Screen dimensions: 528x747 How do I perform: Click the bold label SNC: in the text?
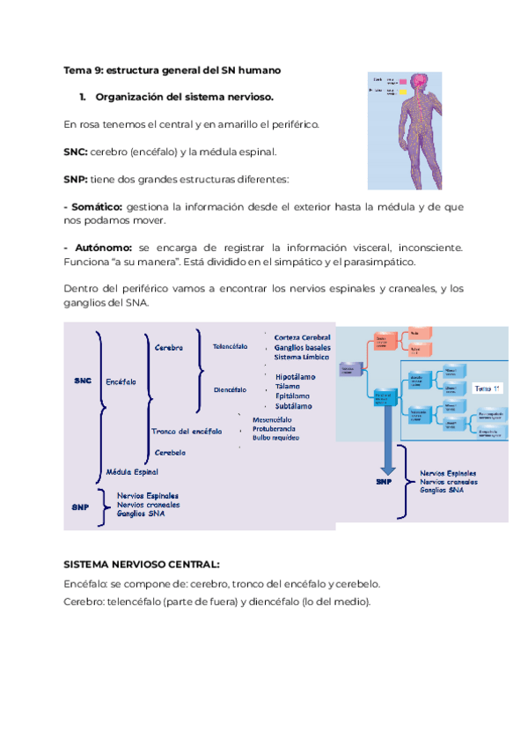[76, 152]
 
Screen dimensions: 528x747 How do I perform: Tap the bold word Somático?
[93, 206]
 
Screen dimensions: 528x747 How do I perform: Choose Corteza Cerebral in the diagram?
[302, 337]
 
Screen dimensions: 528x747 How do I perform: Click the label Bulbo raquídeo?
[275, 437]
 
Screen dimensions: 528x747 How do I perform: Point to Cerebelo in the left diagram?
[171, 452]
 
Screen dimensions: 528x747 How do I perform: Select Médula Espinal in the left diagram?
[132, 471]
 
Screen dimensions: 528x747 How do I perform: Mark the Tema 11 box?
[488, 388]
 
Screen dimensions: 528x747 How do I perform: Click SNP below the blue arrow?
[384, 483]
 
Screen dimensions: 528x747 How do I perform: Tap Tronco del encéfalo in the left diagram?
[186, 431]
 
